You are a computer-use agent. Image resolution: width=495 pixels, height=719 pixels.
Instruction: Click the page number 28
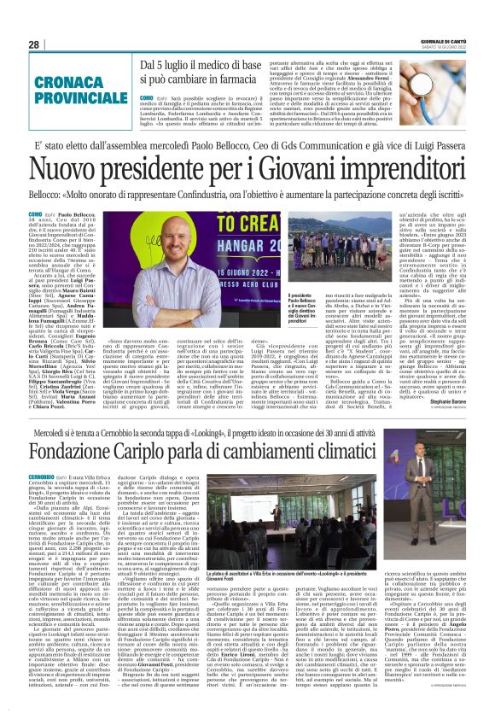tap(32, 44)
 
